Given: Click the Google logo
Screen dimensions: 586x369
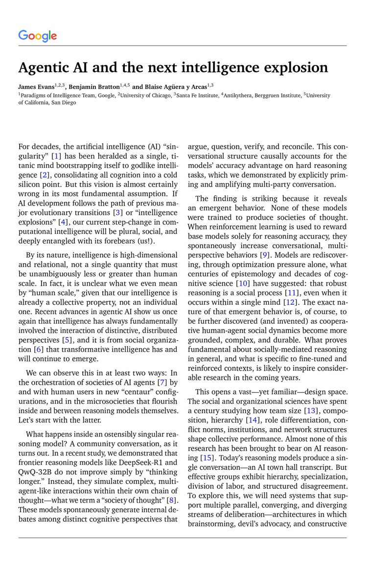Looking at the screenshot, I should pyautogui.click(x=38, y=36).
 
